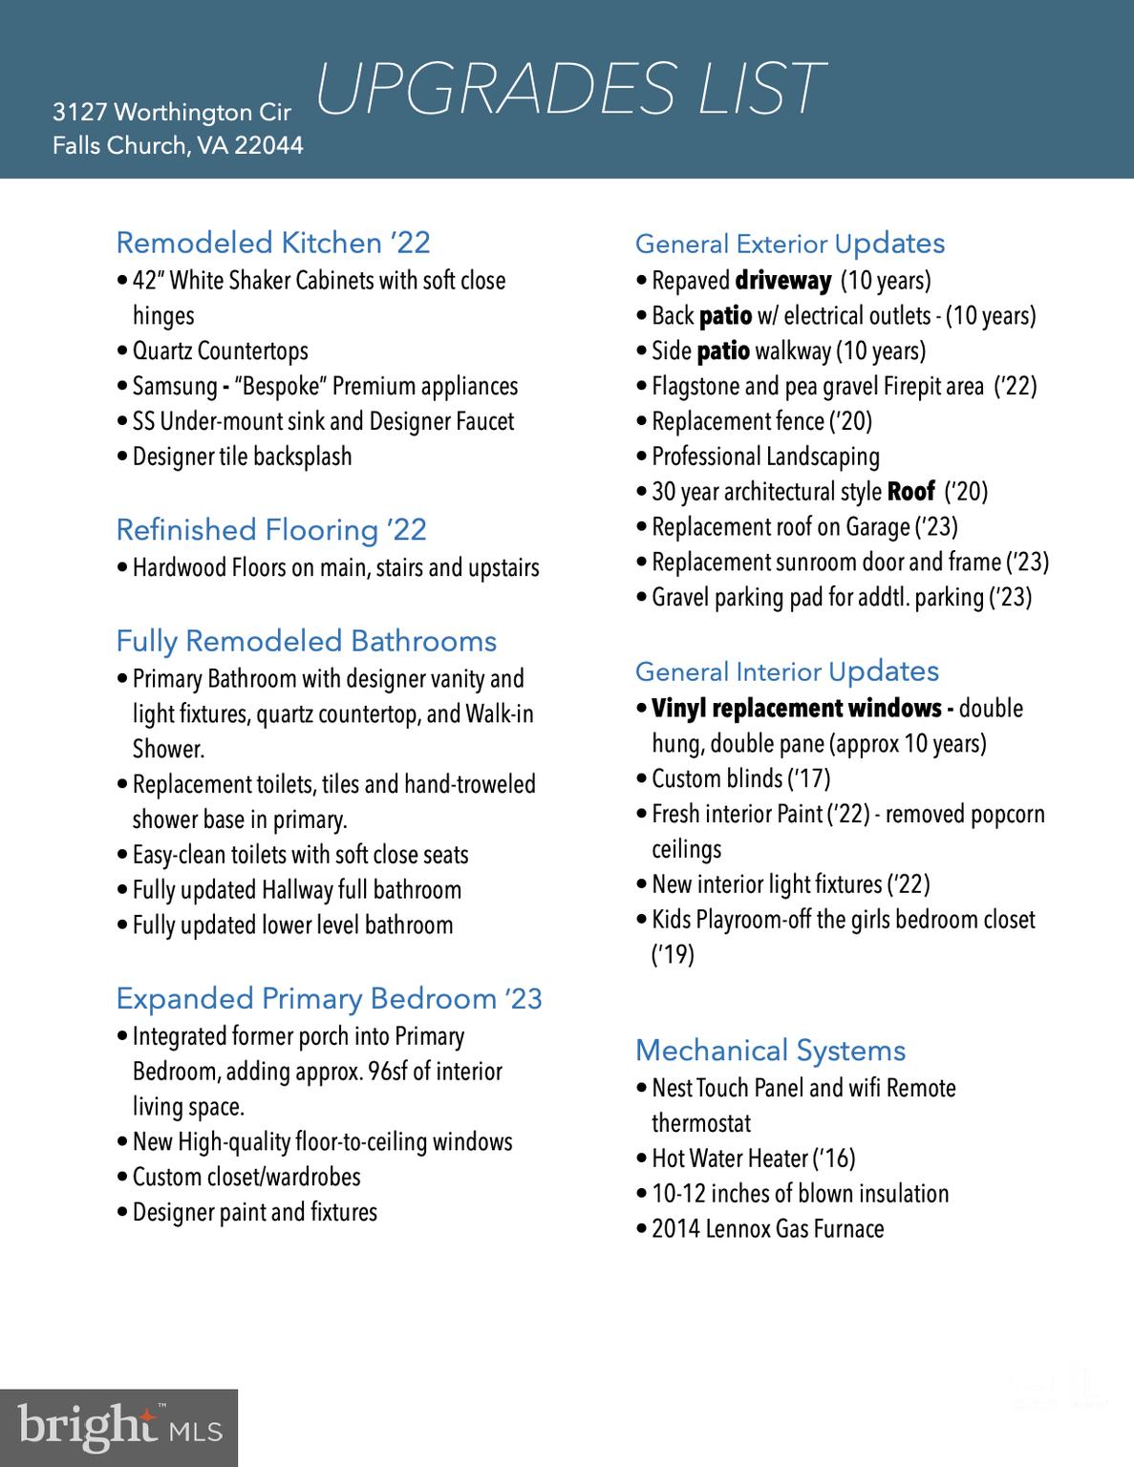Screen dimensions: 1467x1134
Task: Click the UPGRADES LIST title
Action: (x=569, y=89)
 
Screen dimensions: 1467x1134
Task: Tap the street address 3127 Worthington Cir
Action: (x=172, y=113)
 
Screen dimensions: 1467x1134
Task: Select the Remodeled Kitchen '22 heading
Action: (x=273, y=243)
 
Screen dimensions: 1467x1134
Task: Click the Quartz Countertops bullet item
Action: (x=220, y=351)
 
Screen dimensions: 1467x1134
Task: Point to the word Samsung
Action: (x=175, y=387)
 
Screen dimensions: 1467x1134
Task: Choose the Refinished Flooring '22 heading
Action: (x=271, y=529)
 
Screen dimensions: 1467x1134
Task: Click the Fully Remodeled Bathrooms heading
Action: (x=307, y=641)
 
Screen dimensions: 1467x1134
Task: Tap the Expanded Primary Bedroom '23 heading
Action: (x=329, y=999)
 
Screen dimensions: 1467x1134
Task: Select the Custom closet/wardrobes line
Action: (x=246, y=1178)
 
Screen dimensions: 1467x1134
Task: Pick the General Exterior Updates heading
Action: (x=790, y=244)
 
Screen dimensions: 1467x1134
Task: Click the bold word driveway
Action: (x=783, y=281)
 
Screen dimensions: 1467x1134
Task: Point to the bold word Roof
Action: (x=910, y=492)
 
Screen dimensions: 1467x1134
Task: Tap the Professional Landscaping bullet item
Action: (x=765, y=457)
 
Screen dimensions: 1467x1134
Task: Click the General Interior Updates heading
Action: (x=787, y=671)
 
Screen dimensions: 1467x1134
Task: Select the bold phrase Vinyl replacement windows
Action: (x=797, y=709)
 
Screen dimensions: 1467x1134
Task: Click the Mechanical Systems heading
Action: (x=770, y=1051)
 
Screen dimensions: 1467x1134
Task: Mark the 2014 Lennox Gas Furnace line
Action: (x=767, y=1229)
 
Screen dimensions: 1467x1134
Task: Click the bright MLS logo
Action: (x=118, y=1428)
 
